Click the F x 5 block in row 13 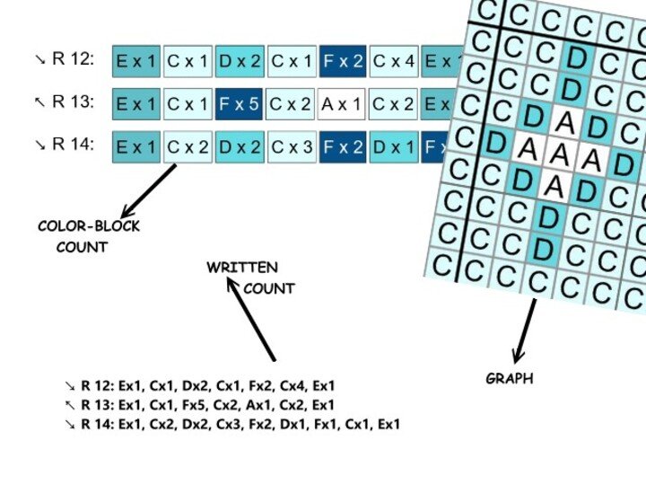pos(240,104)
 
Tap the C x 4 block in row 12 pos(393,61)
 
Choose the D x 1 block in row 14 pos(393,147)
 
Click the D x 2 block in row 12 pos(240,61)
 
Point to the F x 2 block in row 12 pos(342,61)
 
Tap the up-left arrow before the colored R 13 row pos(39,102)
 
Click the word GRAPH pos(509,379)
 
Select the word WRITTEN pos(242,268)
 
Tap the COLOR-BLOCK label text pos(89,226)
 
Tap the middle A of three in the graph pos(558,155)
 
